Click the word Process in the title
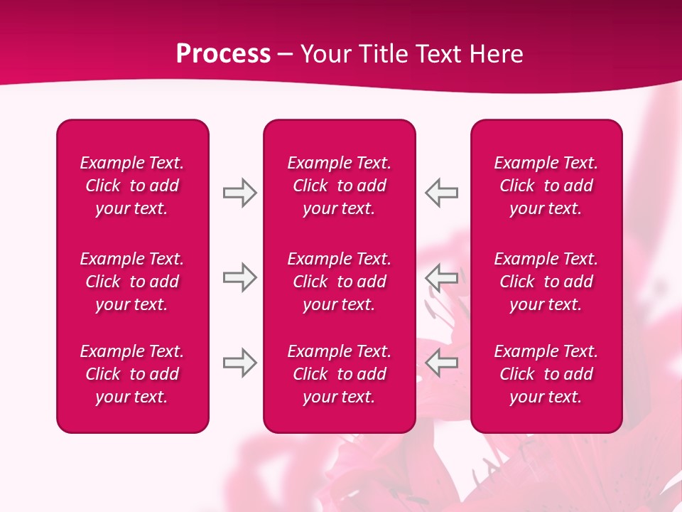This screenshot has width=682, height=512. coord(223,54)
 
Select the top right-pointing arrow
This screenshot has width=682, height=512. coord(239,193)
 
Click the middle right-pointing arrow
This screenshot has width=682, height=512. coord(239,277)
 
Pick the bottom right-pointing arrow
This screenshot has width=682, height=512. coord(239,363)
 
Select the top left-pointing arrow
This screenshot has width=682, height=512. coord(442,193)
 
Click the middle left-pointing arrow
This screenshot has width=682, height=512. coord(442,277)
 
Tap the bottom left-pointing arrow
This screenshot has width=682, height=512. coord(442,363)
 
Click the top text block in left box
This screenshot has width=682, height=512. coord(132,186)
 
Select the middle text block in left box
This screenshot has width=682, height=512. coord(132,282)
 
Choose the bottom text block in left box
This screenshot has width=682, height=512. coord(132,374)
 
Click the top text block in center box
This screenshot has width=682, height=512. coord(340,186)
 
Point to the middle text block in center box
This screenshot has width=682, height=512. coord(340,282)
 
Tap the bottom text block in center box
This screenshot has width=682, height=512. coord(340,374)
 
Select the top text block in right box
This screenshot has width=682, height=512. coord(546,186)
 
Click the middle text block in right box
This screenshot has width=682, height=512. coord(546,282)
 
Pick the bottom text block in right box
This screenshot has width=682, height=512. coord(546,374)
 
